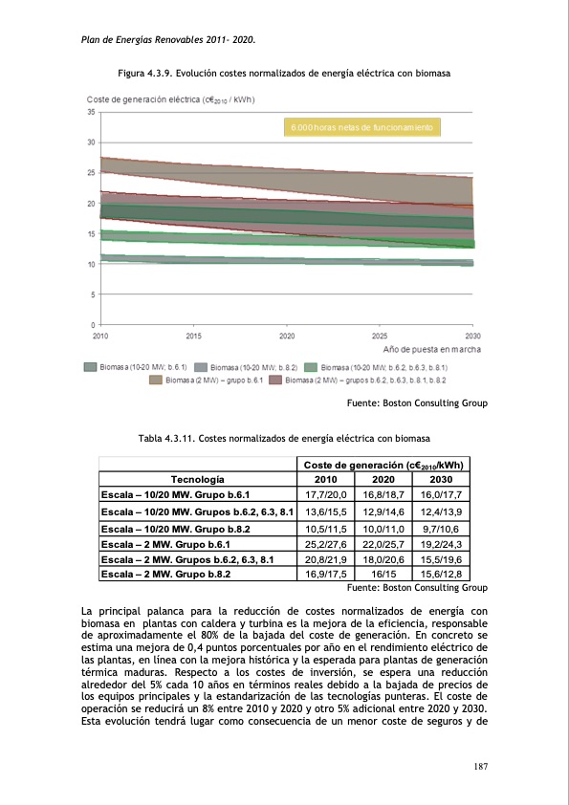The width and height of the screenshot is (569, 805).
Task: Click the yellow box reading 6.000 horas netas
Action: pos(362,127)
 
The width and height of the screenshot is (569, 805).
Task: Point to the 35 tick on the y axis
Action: pos(90,112)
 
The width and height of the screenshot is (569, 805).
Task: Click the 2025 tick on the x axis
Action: pos(380,336)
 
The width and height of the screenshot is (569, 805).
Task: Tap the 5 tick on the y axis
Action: pos(92,294)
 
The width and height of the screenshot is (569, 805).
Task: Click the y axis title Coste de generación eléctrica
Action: pos(170,99)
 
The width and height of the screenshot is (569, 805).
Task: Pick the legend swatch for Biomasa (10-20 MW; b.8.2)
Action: pos(201,367)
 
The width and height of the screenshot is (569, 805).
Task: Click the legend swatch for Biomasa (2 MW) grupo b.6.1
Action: pos(156,380)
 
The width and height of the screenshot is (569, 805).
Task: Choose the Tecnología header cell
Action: pos(198,478)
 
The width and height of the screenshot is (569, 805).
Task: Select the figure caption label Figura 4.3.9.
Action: pos(145,73)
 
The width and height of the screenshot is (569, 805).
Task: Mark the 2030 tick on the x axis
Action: pos(472,336)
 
